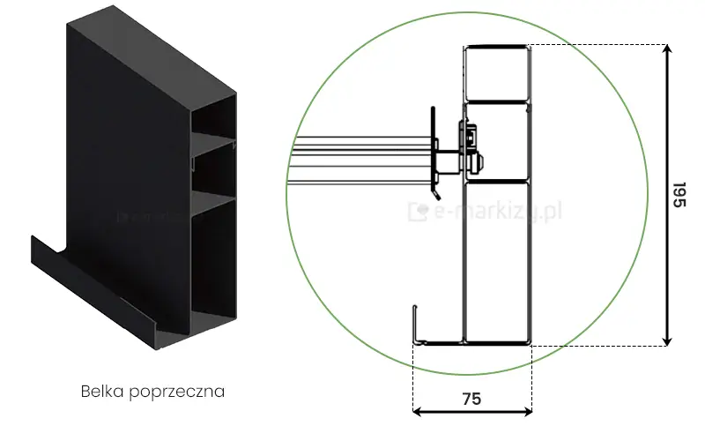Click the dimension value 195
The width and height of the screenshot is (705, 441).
click(678, 196)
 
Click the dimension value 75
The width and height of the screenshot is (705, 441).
click(471, 398)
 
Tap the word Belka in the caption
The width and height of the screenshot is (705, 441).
click(100, 390)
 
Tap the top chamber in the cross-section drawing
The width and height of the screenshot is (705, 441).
click(496, 72)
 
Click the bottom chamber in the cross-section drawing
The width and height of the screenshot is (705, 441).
click(496, 260)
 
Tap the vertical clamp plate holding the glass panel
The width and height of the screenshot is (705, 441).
click(432, 150)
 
